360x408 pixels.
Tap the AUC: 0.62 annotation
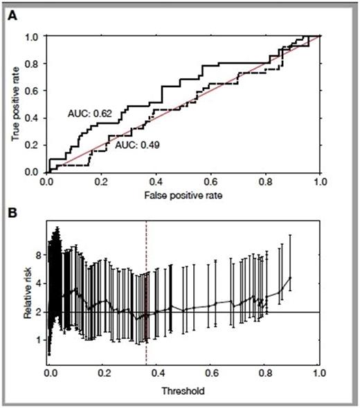(x=87, y=111)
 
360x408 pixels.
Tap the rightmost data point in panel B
(x=290, y=278)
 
